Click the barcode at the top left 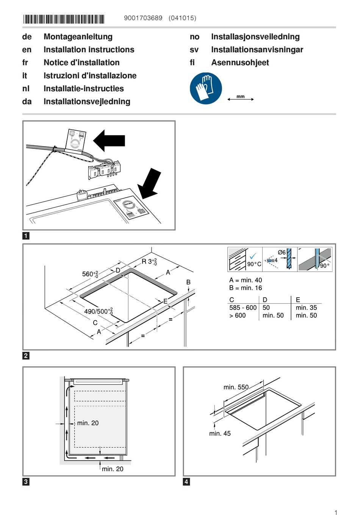coord(64,19)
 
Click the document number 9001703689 coord(143,18)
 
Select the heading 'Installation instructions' coord(89,50)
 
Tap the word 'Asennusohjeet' coord(240,62)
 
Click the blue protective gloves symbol coord(206,88)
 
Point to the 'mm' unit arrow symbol coord(241,98)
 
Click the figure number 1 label coord(26,236)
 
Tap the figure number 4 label coord(186,482)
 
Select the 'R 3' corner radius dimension coord(149,261)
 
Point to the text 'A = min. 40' coord(246,280)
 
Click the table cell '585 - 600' coord(243,307)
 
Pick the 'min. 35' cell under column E coord(306,307)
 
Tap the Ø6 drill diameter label coord(282,253)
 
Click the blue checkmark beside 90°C coord(253,256)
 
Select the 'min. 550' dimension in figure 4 coord(236,387)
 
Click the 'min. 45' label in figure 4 coord(220,434)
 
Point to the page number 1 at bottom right coord(336,512)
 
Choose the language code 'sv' coord(194,50)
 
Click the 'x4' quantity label coord(274,260)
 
